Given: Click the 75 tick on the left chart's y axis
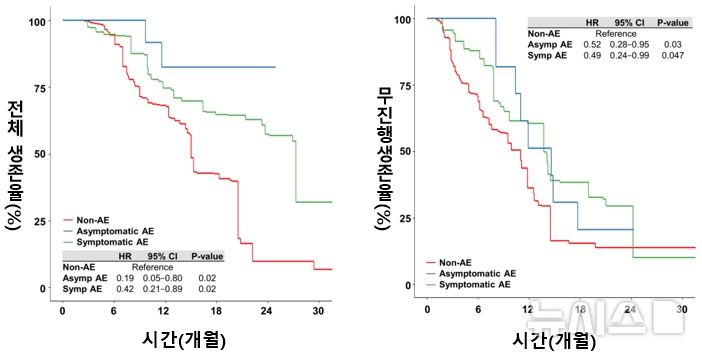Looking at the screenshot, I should click(39, 87).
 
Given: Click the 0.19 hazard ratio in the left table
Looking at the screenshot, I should click(125, 278).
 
